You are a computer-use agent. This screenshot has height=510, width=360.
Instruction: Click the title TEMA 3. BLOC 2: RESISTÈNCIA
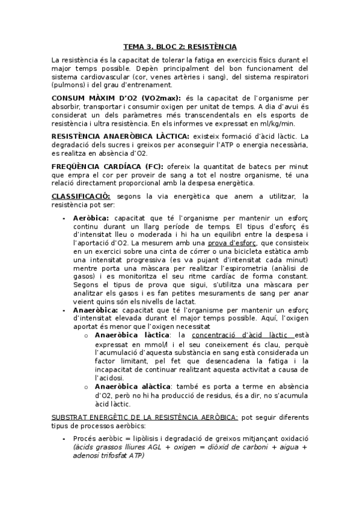point(180,46)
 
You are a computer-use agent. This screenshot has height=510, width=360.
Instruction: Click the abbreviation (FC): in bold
point(154,166)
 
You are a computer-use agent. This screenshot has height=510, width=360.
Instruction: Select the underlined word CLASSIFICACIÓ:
point(81,196)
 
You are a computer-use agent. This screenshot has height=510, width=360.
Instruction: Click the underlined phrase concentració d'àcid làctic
point(241,334)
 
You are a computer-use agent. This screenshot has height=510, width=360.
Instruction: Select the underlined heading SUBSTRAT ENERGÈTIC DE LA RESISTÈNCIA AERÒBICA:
point(145,416)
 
